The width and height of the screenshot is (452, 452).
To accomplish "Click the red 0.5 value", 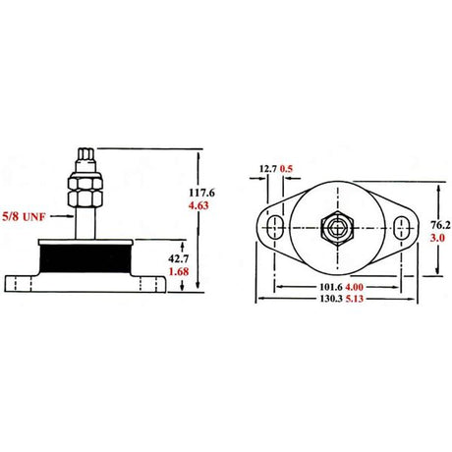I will (287, 168).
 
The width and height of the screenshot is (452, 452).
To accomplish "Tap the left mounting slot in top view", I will (276, 229).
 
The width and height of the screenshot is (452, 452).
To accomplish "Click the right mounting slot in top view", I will (400, 229).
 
